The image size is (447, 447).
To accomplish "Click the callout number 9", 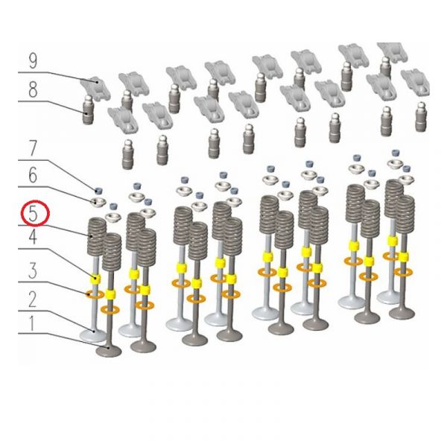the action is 33,61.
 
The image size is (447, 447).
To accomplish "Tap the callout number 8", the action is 33,90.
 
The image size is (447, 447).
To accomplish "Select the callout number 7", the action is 33,148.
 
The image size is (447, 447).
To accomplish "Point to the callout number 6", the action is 33,175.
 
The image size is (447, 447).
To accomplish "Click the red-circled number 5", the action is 33,214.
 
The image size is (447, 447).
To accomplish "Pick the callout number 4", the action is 33,237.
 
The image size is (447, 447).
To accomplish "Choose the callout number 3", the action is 33,271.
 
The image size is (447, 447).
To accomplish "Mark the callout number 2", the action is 32,299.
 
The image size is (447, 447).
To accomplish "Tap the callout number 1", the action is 32,324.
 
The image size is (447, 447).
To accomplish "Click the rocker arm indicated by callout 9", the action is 95,87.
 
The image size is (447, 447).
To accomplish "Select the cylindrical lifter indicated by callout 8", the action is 88,110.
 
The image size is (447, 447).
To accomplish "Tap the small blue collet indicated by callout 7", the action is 98,190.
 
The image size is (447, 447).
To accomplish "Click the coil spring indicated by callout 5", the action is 97,235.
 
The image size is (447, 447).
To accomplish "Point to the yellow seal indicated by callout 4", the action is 95,279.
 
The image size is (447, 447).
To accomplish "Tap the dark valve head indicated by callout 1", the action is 109,351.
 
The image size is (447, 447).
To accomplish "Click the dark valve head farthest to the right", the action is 402,313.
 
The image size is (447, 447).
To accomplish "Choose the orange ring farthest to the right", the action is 403,272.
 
